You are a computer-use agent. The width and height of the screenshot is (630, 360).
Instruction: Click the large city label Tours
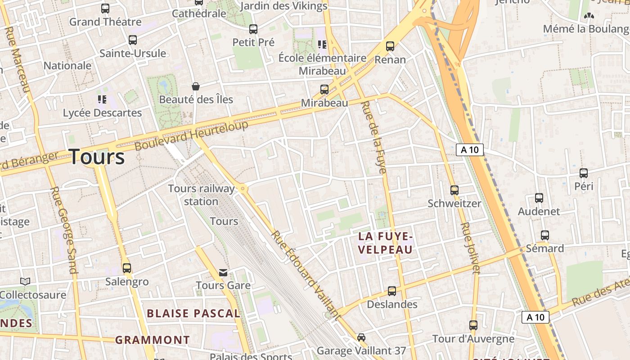[97, 157]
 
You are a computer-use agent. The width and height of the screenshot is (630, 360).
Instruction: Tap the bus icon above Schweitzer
[454, 190]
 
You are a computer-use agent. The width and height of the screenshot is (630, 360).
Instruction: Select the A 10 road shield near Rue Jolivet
[470, 150]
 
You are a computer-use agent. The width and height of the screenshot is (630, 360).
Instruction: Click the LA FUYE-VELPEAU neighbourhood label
[386, 243]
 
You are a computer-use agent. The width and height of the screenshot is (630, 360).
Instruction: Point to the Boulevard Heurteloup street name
[191, 135]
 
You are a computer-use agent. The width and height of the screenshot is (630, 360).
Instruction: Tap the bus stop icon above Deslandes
[392, 291]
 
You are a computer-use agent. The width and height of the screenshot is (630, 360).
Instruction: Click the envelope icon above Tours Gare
[223, 272]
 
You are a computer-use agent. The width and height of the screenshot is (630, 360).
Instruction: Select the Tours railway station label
[201, 194]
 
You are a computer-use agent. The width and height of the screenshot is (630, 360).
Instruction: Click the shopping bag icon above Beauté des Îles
[196, 86]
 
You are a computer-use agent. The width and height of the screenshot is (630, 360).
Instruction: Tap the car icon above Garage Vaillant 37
[361, 337]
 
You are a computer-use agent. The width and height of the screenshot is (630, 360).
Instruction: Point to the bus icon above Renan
[390, 46]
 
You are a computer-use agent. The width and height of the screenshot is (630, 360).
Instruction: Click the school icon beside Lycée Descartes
[102, 99]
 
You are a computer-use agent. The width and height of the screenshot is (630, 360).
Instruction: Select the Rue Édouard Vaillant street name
[306, 274]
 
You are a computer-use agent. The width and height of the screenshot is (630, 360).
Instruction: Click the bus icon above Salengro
[127, 268]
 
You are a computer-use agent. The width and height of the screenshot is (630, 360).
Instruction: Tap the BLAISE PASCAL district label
[193, 314]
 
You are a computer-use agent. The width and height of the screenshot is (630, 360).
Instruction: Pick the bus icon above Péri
[584, 173]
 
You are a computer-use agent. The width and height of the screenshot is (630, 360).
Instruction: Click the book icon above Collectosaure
[26, 281]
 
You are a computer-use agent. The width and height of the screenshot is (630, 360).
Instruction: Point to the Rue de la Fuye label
[374, 137]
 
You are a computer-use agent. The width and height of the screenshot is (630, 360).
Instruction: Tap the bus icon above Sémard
[545, 235]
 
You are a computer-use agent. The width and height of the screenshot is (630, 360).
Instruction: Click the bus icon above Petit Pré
[253, 29]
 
